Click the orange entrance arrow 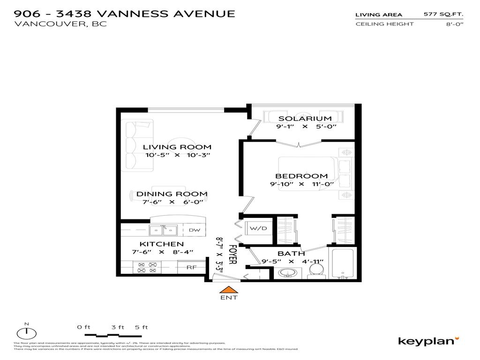point(229,291)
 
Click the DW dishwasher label point(195,230)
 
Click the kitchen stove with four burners point(146,267)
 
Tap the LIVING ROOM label point(177,147)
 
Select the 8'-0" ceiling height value point(454,24)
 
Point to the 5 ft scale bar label point(141,327)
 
